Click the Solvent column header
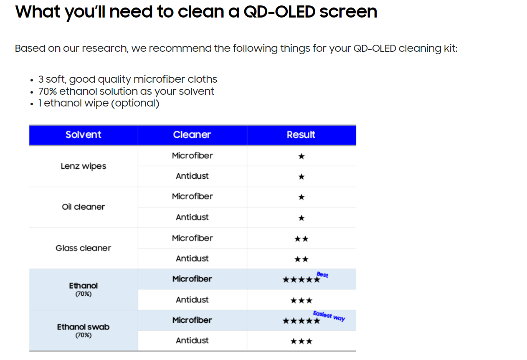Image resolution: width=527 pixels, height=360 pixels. (x=83, y=135)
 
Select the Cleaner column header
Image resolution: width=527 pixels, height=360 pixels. (x=192, y=135)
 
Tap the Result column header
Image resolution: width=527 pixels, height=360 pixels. (x=301, y=135)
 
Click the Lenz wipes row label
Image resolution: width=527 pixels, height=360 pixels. (x=84, y=166)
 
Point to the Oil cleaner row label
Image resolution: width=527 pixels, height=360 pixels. (x=84, y=207)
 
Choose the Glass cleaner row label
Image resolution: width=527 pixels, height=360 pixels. (x=84, y=248)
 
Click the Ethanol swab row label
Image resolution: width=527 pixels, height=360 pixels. (x=84, y=327)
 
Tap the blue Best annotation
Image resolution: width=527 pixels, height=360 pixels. (x=322, y=275)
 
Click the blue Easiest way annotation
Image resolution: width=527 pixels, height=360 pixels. (x=329, y=316)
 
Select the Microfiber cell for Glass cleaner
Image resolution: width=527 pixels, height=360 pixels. (x=192, y=238)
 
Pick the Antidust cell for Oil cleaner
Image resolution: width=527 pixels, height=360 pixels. (x=192, y=217)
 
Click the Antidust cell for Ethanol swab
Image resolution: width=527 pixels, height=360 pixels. (x=192, y=340)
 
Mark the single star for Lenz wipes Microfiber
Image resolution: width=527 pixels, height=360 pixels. (x=302, y=157)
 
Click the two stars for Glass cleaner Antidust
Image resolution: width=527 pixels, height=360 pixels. (x=302, y=259)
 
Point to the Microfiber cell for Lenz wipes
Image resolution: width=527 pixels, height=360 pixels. (x=192, y=156)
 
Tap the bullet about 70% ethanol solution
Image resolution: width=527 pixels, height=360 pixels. (x=126, y=91)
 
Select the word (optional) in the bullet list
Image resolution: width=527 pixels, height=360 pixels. (x=135, y=103)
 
